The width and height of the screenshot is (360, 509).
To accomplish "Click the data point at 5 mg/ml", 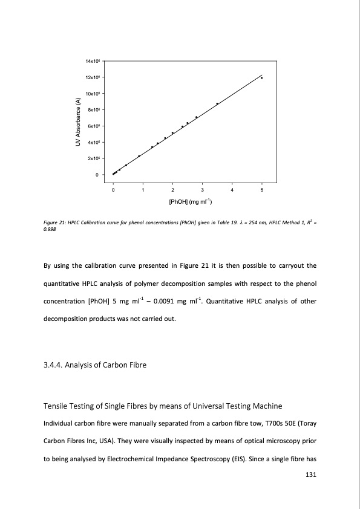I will click(x=261, y=78).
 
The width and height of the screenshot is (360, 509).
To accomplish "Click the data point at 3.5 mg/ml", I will click(x=217, y=103).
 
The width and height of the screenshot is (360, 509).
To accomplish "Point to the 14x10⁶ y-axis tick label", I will click(x=95, y=61).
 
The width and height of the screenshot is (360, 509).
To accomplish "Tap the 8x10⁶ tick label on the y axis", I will click(x=95, y=110).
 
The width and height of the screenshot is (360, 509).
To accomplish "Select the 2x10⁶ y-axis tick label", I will click(x=95, y=158).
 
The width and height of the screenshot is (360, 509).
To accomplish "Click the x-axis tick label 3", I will click(x=202, y=190).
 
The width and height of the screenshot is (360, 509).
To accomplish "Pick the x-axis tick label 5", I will click(x=261, y=190).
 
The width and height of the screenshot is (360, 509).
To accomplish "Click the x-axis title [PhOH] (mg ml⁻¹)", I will click(x=187, y=201).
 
